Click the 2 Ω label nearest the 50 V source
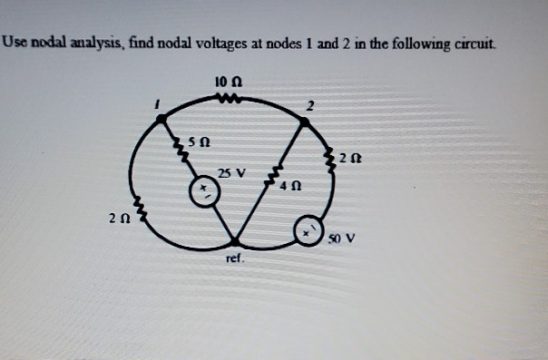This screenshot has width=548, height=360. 352,156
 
